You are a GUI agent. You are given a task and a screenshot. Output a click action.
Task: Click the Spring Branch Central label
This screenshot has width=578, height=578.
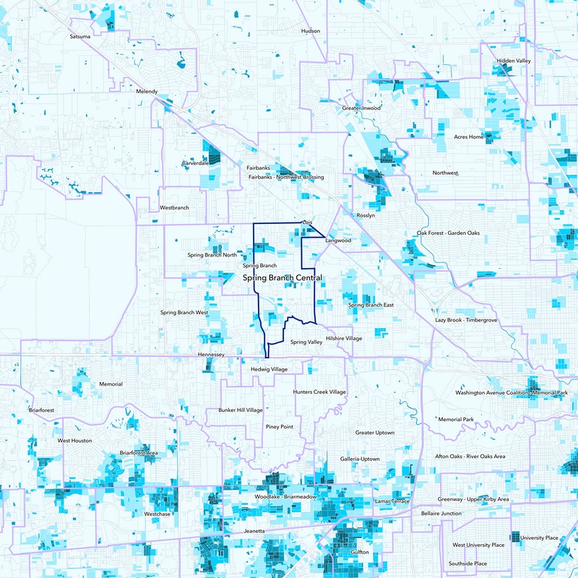point(282,278)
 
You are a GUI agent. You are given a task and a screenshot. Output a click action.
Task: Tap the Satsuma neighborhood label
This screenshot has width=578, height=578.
point(80,36)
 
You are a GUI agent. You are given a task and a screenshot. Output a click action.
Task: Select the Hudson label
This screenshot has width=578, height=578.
point(310,31)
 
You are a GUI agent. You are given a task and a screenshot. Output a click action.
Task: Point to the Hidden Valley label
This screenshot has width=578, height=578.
point(514,61)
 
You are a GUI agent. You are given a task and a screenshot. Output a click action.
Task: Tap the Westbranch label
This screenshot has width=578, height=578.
point(174,207)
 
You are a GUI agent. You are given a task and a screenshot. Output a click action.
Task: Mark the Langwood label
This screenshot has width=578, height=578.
point(338,240)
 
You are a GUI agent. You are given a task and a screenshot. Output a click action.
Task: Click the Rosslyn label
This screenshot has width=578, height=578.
point(367,215)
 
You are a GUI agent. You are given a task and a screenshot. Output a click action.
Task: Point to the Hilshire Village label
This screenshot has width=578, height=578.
point(344,338)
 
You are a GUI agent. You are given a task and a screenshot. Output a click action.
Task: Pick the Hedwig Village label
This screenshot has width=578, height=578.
point(269,369)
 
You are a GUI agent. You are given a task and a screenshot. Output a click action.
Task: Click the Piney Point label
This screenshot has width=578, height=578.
point(280,427)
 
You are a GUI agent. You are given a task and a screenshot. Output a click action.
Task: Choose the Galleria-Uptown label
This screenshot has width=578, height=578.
point(360,459)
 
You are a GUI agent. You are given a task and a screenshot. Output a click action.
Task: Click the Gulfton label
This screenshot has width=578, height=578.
point(359,552)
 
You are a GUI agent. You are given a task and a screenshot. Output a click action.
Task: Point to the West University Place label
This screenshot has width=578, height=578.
point(478,545)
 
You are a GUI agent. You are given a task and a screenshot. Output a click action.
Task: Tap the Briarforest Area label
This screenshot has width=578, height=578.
point(140,453)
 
